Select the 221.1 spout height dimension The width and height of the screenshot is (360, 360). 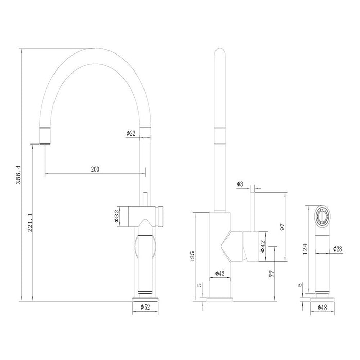[30, 222]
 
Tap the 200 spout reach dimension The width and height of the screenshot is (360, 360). [95, 169]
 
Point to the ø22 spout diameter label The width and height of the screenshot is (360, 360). [131, 133]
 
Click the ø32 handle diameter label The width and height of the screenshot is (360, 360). [116, 216]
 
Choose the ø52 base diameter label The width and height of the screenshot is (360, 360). [146, 307]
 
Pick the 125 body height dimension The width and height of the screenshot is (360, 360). [192, 257]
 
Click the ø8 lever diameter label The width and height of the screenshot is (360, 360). [240, 184]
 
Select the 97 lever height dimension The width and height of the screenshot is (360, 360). [282, 227]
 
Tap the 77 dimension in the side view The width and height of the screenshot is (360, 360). [272, 274]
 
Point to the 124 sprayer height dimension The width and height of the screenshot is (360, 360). [305, 249]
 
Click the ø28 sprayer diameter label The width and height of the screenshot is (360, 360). [338, 249]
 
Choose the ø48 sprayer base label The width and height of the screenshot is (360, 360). [322, 307]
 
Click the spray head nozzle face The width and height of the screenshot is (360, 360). [322, 217]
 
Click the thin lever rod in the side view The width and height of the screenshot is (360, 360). [253, 212]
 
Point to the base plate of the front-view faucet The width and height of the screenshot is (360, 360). [146, 299]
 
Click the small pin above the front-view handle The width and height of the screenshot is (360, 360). [145, 200]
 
